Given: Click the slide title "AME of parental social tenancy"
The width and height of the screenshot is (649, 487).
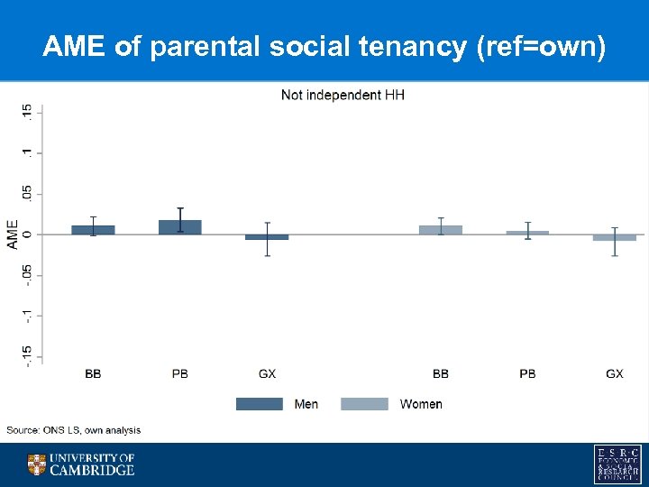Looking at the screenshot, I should click(324, 46).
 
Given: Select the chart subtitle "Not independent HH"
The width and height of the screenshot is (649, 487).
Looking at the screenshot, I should click(343, 95).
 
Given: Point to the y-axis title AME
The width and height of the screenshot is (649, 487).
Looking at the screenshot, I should click(13, 234).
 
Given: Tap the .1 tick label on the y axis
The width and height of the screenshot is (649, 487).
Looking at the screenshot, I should click(28, 152).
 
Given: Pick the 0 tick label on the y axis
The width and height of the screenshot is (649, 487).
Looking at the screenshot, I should click(28, 234).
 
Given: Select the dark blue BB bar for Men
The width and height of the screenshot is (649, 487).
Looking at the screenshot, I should click(93, 230).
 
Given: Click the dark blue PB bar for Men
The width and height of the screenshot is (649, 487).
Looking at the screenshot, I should click(180, 227).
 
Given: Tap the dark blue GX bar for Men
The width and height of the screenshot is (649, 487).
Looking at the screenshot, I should click(267, 236).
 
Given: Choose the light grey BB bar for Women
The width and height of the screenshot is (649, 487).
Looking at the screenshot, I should click(441, 230).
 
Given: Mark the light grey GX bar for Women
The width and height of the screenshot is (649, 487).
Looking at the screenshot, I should click(615, 237).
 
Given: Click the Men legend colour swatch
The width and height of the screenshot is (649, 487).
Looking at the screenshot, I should click(259, 404).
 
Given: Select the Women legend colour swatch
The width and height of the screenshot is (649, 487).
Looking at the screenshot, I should click(364, 404).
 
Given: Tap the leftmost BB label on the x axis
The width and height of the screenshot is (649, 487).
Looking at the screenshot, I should click(93, 373).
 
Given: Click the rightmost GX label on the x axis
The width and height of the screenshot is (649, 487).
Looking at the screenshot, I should click(615, 373).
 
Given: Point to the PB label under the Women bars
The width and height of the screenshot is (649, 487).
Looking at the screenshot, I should click(527, 373).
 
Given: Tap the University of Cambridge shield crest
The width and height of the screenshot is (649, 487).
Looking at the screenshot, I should click(36, 464).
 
